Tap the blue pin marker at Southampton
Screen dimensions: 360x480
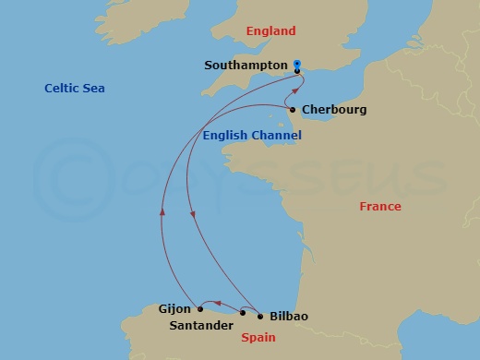tap(297, 66)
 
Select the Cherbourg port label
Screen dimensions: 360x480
tap(334, 110)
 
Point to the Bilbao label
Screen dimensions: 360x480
tap(288, 317)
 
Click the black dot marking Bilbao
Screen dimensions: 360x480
tap(259, 317)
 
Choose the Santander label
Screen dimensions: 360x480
tap(203, 325)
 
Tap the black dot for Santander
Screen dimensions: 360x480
tap(243, 313)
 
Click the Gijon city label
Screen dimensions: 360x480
tap(175, 309)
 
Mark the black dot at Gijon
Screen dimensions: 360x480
tap(200, 309)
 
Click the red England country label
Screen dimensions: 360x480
tap(271, 31)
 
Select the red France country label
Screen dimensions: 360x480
tap(380, 207)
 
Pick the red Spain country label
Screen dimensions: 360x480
tap(258, 338)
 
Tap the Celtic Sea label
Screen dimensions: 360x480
tap(75, 89)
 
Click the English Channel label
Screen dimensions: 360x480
tap(252, 136)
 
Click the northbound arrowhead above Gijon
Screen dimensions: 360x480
tap(162, 211)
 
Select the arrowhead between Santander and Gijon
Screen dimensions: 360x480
tap(208, 303)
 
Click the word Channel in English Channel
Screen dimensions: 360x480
tap(276, 136)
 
